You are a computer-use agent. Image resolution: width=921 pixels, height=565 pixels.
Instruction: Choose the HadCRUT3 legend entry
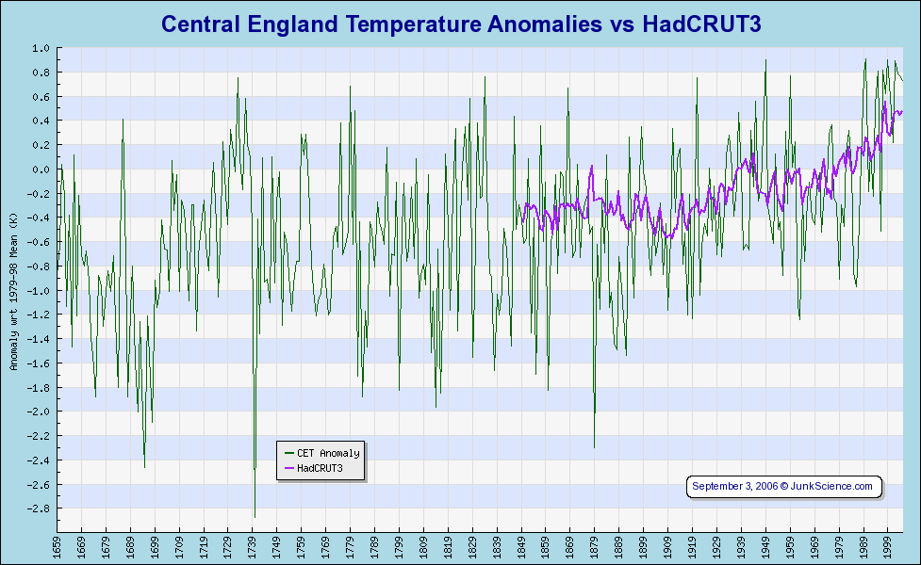320,468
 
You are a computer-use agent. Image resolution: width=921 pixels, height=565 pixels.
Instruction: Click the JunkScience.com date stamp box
783,486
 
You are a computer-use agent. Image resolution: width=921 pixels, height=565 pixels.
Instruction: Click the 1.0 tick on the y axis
41,48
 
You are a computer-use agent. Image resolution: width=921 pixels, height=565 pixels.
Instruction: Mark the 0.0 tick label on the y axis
41,169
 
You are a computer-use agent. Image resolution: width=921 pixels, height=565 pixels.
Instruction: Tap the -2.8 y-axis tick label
39,508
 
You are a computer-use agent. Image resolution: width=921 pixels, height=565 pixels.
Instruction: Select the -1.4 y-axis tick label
39,339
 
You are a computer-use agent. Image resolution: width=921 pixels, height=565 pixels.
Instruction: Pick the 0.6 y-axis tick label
41,96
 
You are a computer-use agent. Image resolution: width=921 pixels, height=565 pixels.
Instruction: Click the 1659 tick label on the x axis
58,547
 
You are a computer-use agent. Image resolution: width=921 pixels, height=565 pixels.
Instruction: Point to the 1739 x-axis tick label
253,547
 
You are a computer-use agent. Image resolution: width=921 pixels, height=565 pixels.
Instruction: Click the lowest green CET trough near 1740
255,516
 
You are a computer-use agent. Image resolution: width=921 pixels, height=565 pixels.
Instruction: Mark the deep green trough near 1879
594,446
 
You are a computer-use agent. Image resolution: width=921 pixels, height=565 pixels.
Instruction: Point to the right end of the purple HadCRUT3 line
902,111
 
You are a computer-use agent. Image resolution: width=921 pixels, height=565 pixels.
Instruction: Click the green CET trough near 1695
144,466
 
